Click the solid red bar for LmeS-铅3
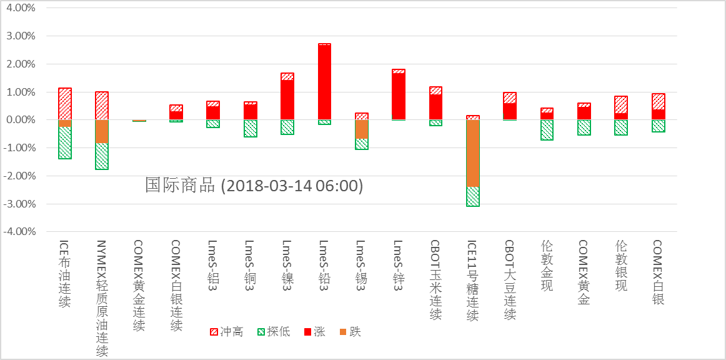click(x=324, y=82)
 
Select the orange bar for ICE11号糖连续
click(x=473, y=153)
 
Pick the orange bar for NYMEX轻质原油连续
click(x=101, y=131)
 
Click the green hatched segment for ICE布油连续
click(x=64, y=142)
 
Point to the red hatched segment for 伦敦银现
click(x=622, y=105)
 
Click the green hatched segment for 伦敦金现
click(x=547, y=130)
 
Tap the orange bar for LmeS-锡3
click(x=362, y=129)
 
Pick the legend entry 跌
click(x=349, y=332)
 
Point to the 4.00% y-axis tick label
click(x=20, y=9)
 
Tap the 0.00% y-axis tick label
click(x=20, y=120)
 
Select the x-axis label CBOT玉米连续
click(x=436, y=280)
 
